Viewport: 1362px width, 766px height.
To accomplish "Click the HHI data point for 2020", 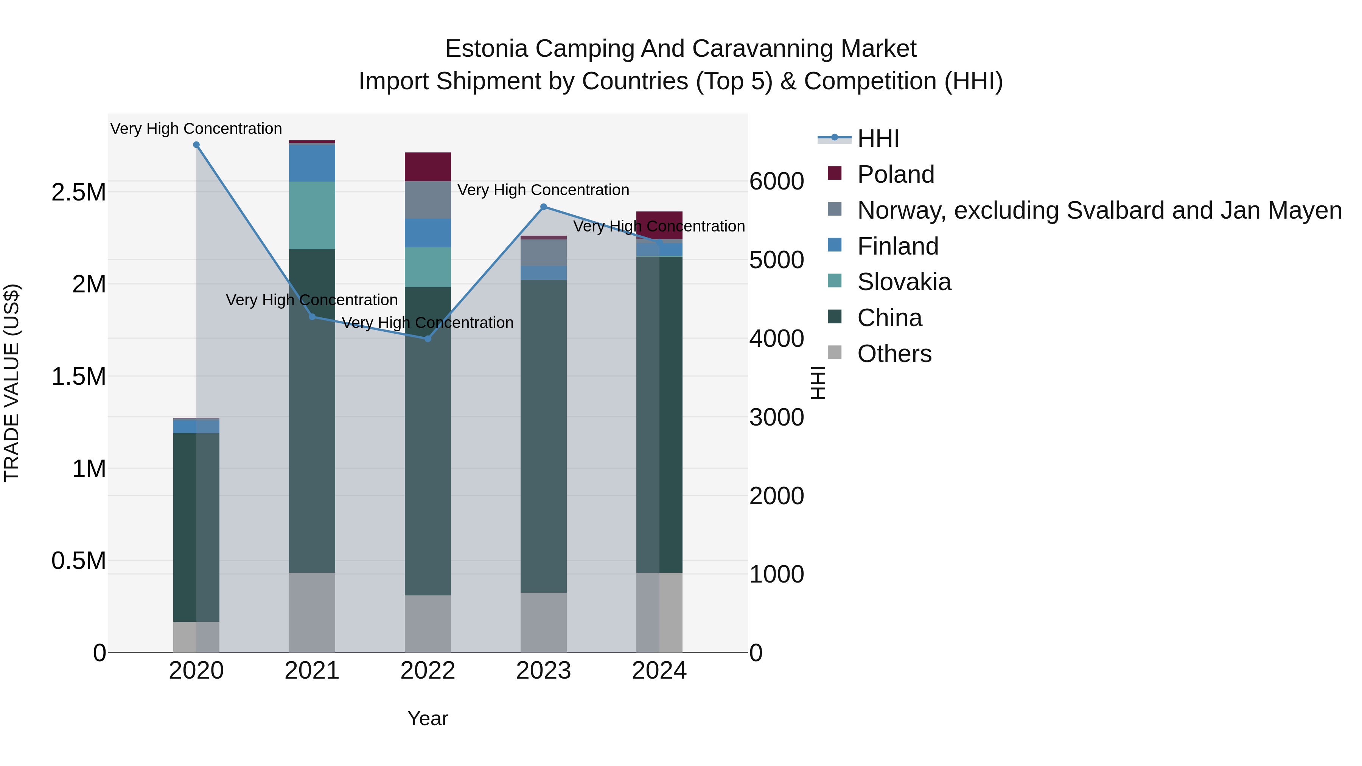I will coord(196,145).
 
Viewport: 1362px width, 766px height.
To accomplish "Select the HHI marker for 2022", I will coord(428,338).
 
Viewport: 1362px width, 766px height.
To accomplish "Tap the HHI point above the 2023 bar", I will coord(544,207).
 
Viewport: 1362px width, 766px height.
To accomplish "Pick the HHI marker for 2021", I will coord(312,317).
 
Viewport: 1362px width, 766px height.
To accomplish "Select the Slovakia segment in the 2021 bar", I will coord(312,215).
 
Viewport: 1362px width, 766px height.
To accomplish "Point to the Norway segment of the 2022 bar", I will coord(428,200).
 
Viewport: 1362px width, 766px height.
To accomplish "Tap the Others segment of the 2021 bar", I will coord(312,612).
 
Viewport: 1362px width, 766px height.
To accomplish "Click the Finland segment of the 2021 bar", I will coord(312,162).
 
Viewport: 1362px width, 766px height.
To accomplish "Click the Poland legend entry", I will coord(895,174).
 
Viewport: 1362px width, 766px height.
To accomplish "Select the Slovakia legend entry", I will coord(903,282).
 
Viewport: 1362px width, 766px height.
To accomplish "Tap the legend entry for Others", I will coord(894,354).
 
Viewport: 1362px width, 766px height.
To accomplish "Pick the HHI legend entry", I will coord(878,138).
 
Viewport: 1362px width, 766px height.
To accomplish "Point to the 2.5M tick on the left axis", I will coord(79,193).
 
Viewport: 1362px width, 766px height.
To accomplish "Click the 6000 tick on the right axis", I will coord(777,181).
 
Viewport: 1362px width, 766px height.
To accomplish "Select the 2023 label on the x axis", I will coord(544,671).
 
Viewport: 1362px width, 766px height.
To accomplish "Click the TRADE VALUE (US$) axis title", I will coord(12,383).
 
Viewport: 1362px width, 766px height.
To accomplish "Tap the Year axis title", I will coord(428,718).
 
